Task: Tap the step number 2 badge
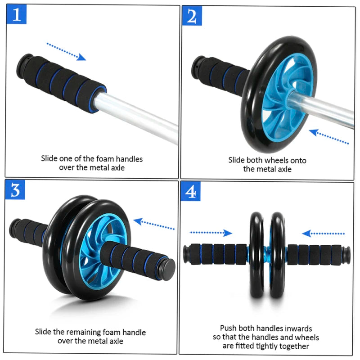pyautogui.click(x=192, y=16)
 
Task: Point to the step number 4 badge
pyautogui.click(x=191, y=192)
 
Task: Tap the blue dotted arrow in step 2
pyautogui.click(x=329, y=137)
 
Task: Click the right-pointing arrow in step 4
pyautogui.click(x=211, y=233)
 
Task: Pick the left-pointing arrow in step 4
pyautogui.click(x=324, y=233)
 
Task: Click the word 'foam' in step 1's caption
pyautogui.click(x=105, y=158)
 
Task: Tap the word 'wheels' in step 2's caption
pyautogui.click(x=277, y=160)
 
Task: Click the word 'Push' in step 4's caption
pyautogui.click(x=228, y=328)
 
